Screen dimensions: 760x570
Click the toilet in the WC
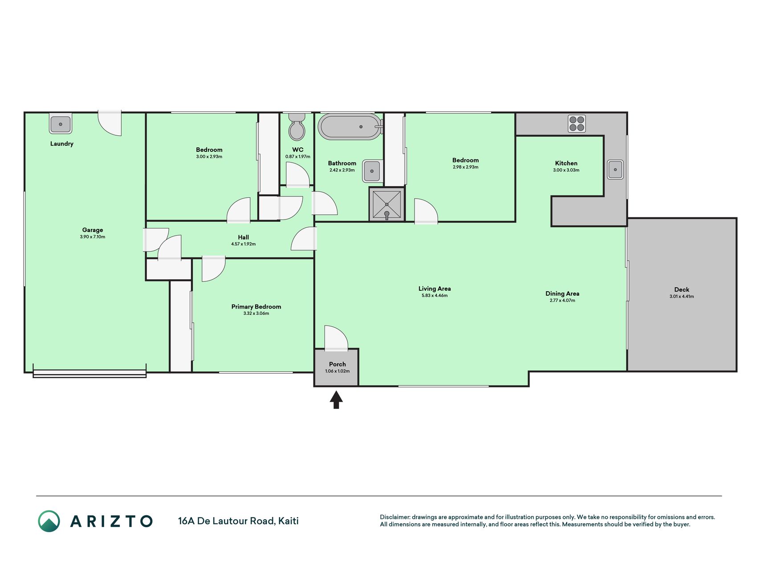click(297, 126)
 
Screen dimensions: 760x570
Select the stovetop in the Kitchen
click(577, 124)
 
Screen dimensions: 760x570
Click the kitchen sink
click(616, 170)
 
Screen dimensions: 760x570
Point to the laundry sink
click(61, 124)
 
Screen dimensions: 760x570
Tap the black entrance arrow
click(336, 399)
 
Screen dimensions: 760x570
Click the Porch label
click(337, 364)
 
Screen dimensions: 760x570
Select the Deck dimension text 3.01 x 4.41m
click(682, 297)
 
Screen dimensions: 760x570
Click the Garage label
click(93, 230)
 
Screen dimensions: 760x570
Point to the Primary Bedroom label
click(256, 307)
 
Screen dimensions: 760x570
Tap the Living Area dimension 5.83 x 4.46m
click(435, 296)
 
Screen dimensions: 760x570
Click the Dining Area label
click(562, 293)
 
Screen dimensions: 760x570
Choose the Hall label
click(243, 237)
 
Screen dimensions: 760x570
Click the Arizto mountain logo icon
click(49, 521)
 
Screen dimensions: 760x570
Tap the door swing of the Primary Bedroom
click(214, 269)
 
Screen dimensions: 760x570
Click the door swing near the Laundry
click(110, 123)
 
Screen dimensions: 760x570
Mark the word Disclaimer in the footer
click(395, 517)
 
